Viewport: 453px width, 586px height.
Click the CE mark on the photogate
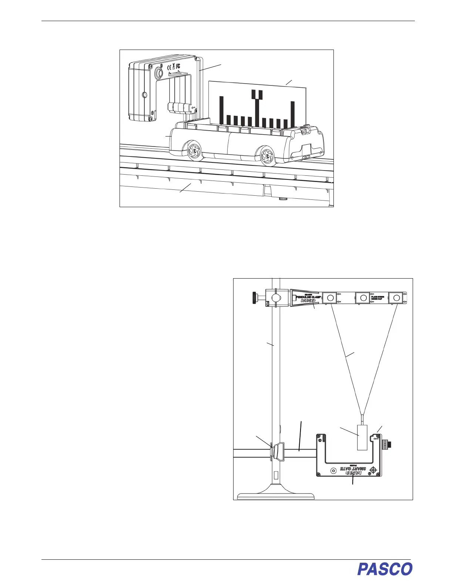tap(168, 68)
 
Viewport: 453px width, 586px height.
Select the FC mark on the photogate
tap(178, 68)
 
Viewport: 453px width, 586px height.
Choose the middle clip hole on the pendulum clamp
tap(363, 297)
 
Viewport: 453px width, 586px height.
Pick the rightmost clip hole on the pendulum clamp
tap(396, 297)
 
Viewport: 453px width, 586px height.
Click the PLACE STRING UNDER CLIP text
tap(377, 298)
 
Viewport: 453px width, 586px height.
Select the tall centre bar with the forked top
tap(257, 107)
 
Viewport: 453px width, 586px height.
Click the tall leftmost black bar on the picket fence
tap(222, 110)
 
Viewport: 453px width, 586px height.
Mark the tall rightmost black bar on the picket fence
tap(292, 113)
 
